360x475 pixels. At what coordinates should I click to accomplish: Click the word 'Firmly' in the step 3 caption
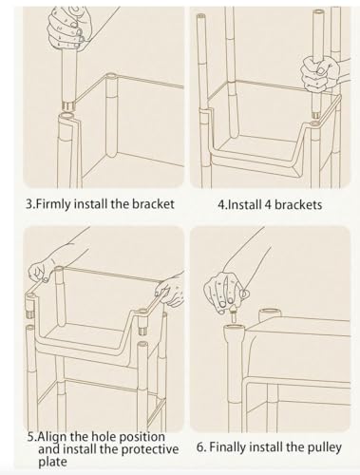click(53, 204)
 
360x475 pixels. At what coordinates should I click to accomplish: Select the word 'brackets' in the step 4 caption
click(298, 204)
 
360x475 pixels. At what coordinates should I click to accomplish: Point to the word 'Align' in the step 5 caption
click(53, 437)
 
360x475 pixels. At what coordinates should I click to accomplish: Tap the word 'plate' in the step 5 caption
click(53, 462)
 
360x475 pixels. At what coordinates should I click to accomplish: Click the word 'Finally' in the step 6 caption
click(228, 447)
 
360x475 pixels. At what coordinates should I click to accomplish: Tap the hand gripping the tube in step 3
click(66, 29)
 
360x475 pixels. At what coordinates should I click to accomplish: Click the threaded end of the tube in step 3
click(68, 105)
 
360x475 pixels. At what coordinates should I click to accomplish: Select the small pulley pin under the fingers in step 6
click(234, 313)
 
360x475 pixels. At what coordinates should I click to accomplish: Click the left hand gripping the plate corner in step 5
click(41, 270)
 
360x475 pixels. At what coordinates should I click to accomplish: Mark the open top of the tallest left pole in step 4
click(200, 16)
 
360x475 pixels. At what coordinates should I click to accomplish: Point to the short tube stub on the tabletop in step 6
click(270, 314)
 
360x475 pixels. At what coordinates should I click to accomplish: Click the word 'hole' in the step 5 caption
click(103, 437)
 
